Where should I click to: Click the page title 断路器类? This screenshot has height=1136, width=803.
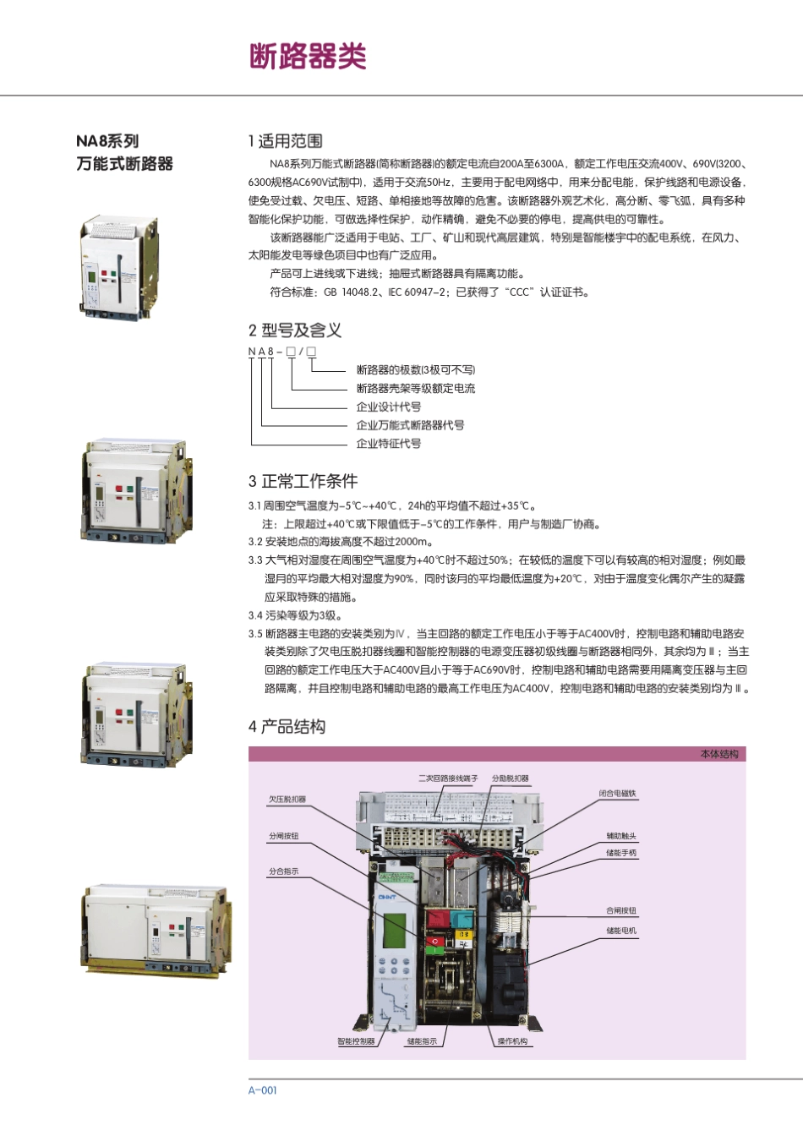pyautogui.click(x=308, y=57)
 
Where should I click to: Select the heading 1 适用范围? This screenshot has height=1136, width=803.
pyautogui.click(x=285, y=141)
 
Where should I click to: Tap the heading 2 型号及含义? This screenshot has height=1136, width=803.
pyautogui.click(x=295, y=330)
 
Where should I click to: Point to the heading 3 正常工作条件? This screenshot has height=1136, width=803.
pyautogui.click(x=303, y=481)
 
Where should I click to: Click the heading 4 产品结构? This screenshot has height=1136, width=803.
pyautogui.click(x=287, y=727)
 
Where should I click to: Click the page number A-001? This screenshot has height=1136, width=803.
pyautogui.click(x=262, y=1090)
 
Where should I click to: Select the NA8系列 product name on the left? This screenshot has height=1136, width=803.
pyautogui.click(x=107, y=141)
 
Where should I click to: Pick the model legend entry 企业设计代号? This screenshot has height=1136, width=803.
pyautogui.click(x=388, y=407)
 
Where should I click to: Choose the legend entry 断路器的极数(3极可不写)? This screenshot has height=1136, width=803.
pyautogui.click(x=415, y=370)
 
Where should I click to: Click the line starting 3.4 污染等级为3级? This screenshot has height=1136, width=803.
pyautogui.click(x=295, y=615)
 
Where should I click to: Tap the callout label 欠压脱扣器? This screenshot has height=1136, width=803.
pyautogui.click(x=287, y=799)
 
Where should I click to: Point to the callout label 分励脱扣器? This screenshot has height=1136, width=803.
pyautogui.click(x=511, y=778)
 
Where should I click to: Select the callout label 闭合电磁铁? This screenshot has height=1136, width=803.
pyautogui.click(x=617, y=794)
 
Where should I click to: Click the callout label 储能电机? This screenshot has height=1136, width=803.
pyautogui.click(x=621, y=931)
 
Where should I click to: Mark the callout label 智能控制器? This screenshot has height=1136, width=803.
pyautogui.click(x=356, y=1041)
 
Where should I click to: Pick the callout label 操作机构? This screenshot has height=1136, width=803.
pyautogui.click(x=512, y=1041)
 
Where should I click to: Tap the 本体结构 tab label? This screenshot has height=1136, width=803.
pyautogui.click(x=718, y=754)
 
